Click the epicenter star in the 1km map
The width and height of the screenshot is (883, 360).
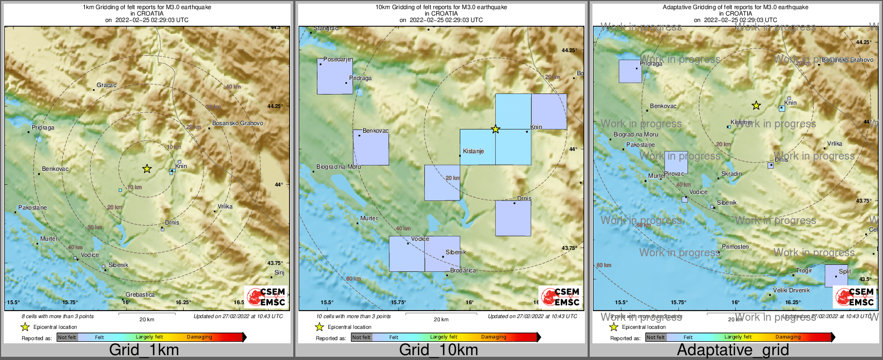pyautogui.click(x=147, y=169)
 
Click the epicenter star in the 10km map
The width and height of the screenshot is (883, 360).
pyautogui.click(x=495, y=129)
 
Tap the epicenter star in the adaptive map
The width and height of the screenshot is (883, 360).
pyautogui.click(x=756, y=105)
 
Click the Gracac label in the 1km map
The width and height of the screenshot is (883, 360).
pyautogui.click(x=106, y=85)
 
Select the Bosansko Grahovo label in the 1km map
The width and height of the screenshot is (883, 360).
pyautogui.click(x=237, y=123)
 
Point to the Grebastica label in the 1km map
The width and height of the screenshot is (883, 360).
pyautogui.click(x=140, y=294)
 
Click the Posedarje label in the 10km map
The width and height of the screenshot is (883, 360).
pyautogui.click(x=337, y=59)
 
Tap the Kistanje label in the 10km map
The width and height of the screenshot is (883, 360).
pyautogui.click(x=473, y=151)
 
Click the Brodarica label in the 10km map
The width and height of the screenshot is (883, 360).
pyautogui.click(x=462, y=270)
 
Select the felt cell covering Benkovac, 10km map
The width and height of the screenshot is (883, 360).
pyautogui.click(x=371, y=148)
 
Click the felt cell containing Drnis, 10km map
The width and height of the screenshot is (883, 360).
pyautogui.click(x=513, y=218)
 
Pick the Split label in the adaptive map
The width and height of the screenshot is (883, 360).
pyautogui.click(x=845, y=271)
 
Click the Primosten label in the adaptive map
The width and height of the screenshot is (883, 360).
pyautogui.click(x=735, y=247)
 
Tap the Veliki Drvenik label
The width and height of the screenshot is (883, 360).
pyautogui.click(x=791, y=290)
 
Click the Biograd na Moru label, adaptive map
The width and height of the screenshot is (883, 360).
pyautogui.click(x=635, y=134)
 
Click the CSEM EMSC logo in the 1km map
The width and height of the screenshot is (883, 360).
pyautogui.click(x=266, y=297)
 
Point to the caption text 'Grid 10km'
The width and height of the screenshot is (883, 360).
pyautogui.click(x=438, y=350)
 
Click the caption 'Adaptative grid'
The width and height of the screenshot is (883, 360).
pyautogui.click(x=733, y=350)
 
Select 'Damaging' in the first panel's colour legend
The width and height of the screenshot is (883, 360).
pyautogui.click(x=199, y=337)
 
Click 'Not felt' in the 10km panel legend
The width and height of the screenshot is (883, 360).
pyautogui.click(x=361, y=337)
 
